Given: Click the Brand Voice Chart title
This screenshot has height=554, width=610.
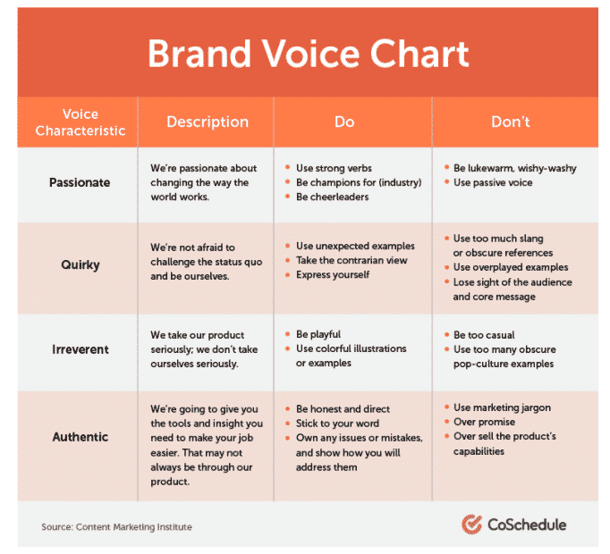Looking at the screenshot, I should point(308,54).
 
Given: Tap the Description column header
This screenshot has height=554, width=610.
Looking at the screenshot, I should point(207,122).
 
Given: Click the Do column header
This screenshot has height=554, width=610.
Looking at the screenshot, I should point(344,122).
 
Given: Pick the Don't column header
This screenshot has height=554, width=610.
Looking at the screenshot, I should point(510,122).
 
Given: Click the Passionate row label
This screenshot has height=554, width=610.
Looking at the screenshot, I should point(80,182).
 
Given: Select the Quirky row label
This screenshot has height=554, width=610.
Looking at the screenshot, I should point(80,264).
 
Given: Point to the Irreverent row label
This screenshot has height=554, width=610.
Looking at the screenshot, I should point(80,349).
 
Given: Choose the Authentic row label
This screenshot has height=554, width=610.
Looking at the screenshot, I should point(80,437).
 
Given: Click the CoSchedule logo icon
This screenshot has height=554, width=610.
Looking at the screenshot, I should point(471,525).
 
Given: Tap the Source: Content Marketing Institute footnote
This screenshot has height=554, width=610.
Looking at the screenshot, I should point(116,527).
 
